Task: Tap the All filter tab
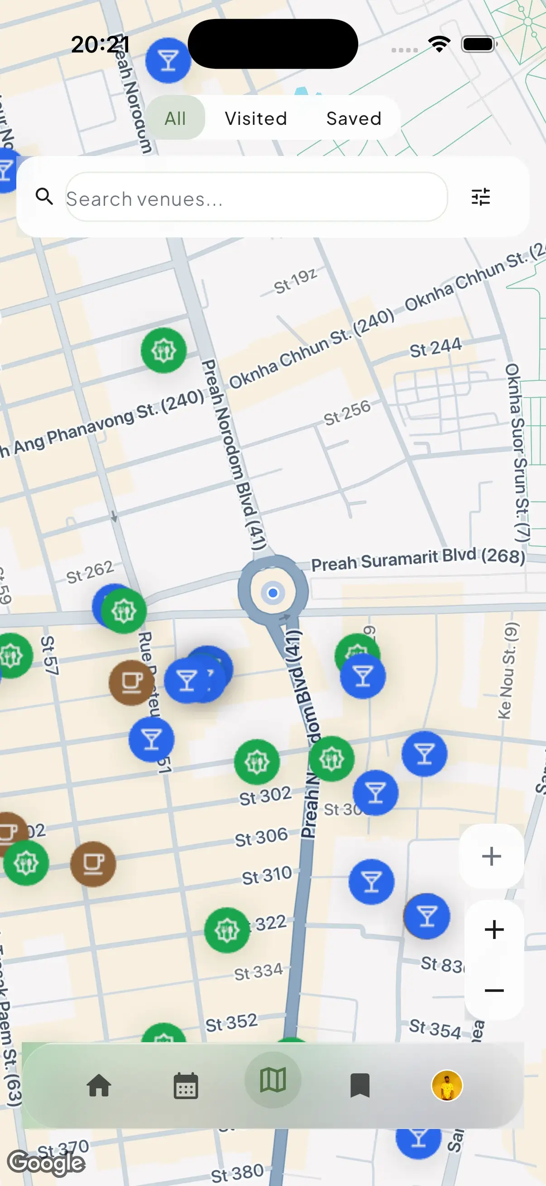pos(176,119)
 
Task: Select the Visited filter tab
pos(256,119)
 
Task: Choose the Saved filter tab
pos(354,119)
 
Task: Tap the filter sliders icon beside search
pos(480,197)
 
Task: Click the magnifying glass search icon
pos(44,197)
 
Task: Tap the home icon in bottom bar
pos(99,1085)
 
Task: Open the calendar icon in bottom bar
pos(186,1086)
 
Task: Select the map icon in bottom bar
pos(273,1080)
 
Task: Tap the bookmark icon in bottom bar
pos(359,1085)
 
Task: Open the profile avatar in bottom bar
pos(446,1085)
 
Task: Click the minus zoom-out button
pos(494,990)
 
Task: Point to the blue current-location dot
pos(273,593)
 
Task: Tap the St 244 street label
pos(436,347)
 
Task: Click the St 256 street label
pos(346,412)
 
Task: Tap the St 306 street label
pos(261,836)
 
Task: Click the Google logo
pos(46,1162)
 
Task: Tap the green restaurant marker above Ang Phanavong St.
pos(163,351)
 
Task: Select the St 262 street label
pos(90,571)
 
